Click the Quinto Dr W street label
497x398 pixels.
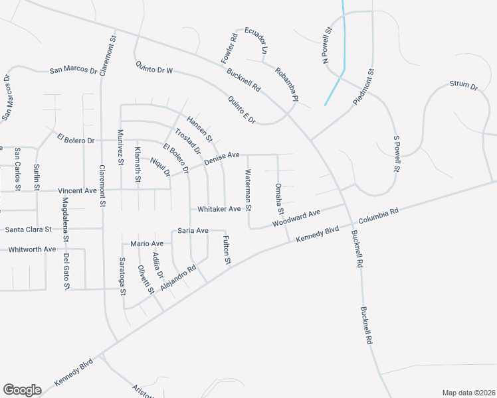[x=154, y=68]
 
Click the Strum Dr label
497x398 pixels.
[x=463, y=85]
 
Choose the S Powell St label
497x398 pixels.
[x=396, y=155]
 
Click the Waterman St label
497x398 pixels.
[x=248, y=190]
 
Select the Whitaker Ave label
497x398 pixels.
[x=219, y=209]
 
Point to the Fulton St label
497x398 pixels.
[x=227, y=251]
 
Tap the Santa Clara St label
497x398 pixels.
[x=29, y=230]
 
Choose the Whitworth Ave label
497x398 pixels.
[x=32, y=249]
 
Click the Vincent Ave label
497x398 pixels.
[x=77, y=190]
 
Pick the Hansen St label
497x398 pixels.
[x=199, y=129]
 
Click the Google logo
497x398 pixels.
[x=22, y=389]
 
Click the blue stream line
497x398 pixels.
[x=344, y=53]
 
